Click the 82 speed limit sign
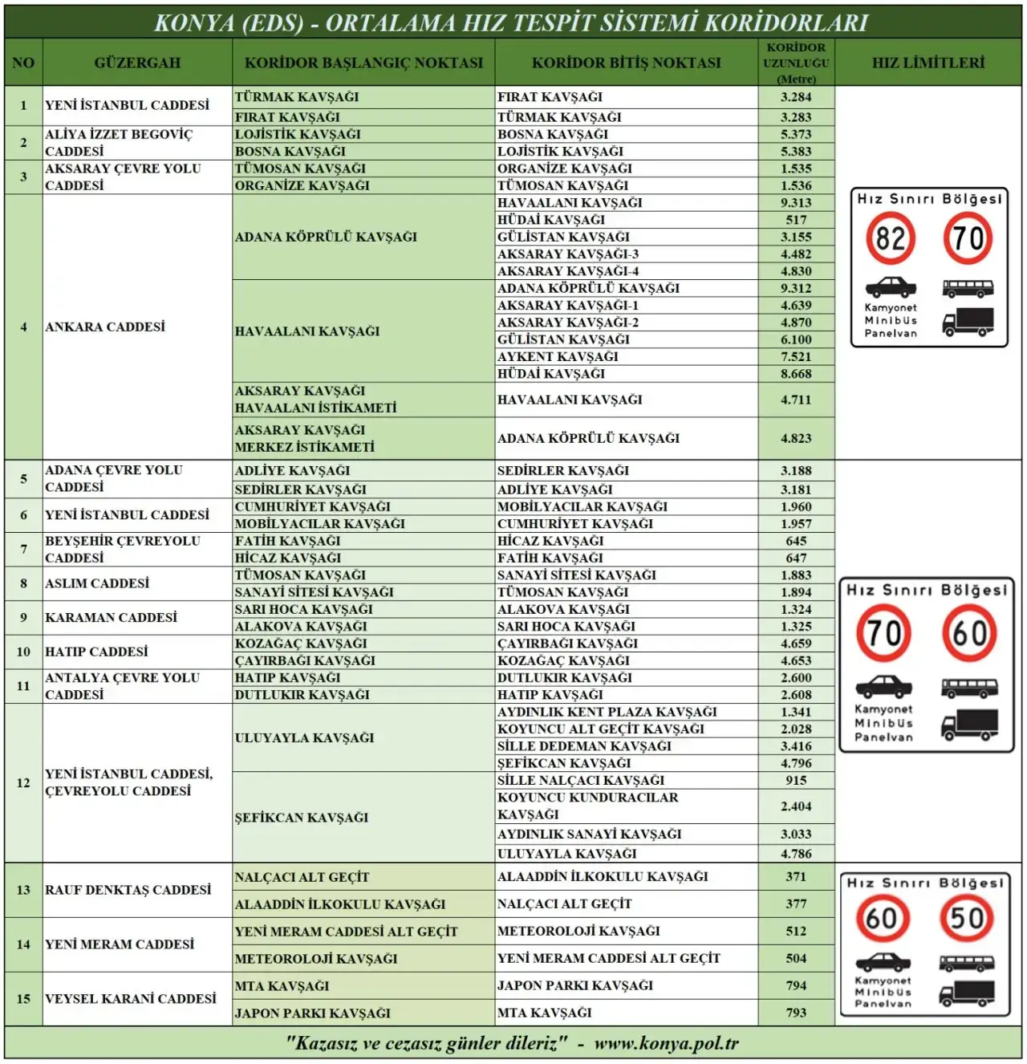coord(890,239)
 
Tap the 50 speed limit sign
coord(967,918)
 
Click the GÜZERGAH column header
coord(137,63)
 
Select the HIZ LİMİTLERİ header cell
coord(928,63)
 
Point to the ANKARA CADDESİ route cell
coord(105,327)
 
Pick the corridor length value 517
coord(796,220)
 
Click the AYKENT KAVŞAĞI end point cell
coord(558,356)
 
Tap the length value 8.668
coord(796,374)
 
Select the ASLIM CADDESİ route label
coord(97,583)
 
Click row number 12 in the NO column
coord(23,782)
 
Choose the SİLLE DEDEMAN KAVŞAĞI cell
coord(584,746)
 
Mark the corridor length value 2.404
coord(796,806)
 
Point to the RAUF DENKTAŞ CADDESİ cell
coord(128,890)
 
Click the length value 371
coord(796,876)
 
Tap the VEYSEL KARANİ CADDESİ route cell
coord(131,999)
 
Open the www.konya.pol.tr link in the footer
coord(666,1043)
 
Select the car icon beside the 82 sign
coord(891,286)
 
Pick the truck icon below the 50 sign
coord(967,993)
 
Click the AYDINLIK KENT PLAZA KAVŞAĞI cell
coord(607,712)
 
